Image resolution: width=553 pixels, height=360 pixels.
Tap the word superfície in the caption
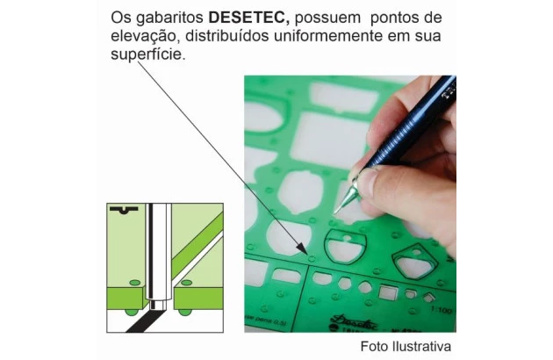point(147,54)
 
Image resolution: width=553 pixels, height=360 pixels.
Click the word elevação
point(146,37)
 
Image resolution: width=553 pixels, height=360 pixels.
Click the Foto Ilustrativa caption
point(406,346)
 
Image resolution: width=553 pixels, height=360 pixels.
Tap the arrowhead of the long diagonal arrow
point(303,248)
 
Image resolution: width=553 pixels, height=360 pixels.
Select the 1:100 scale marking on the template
point(441,310)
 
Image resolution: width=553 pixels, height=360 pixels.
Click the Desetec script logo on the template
point(354,321)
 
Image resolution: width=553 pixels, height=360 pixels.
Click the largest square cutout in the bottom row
point(388,292)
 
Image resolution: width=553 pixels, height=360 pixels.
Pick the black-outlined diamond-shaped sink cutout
point(414,261)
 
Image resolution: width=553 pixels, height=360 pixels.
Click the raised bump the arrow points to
point(312,258)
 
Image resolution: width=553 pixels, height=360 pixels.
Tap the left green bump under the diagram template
point(132,312)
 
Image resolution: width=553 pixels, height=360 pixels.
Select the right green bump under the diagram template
point(185,312)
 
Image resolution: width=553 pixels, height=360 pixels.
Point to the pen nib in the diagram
point(158,305)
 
